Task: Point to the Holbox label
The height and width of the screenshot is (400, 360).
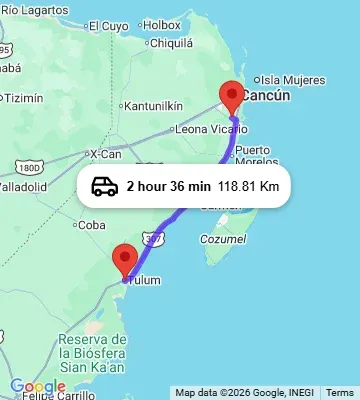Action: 162,24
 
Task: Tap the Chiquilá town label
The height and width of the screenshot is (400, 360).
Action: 170,43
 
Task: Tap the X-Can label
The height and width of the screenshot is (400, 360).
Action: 105,153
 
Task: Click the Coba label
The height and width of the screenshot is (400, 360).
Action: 92,225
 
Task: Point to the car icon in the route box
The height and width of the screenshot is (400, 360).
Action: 104,186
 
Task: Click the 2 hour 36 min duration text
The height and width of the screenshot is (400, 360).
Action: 168,186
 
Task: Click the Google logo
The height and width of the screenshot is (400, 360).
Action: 37,387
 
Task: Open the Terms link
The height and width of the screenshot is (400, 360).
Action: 340,393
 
